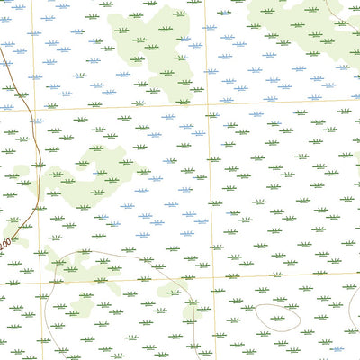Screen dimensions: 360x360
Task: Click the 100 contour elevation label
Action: (6, 243)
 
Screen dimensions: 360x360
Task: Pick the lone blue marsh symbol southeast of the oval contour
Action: (337, 347)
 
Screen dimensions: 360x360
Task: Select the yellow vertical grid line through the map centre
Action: (210, 180)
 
